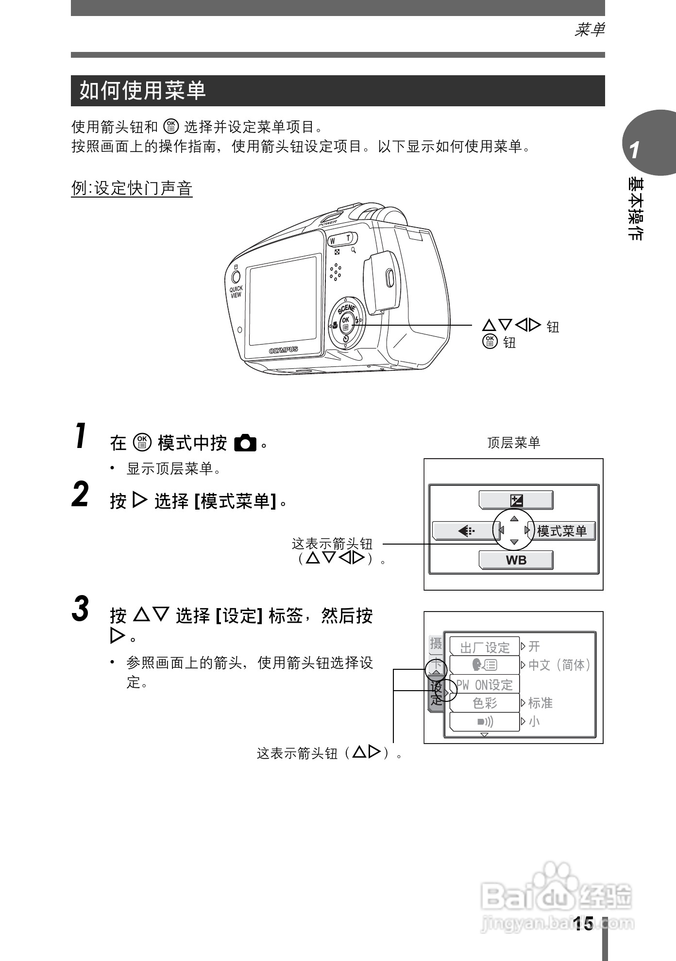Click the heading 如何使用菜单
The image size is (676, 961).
[x=143, y=91]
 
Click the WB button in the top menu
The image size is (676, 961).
[x=516, y=560]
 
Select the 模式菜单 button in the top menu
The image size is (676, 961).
[x=562, y=531]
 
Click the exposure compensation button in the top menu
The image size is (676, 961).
[x=516, y=500]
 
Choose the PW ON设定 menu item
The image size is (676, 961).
[x=484, y=684]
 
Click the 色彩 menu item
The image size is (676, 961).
[x=484, y=703]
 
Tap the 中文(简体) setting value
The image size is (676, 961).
[x=559, y=665]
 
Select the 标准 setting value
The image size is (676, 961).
[x=540, y=703]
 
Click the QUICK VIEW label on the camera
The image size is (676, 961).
[x=236, y=292]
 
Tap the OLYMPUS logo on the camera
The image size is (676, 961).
[x=284, y=350]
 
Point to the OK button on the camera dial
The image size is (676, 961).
[x=345, y=321]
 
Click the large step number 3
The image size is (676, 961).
[x=81, y=609]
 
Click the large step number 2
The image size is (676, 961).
[x=81, y=495]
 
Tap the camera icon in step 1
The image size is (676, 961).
[x=245, y=443]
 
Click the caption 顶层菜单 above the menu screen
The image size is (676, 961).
[x=513, y=443]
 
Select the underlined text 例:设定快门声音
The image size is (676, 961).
[x=132, y=188]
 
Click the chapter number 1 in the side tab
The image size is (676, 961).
[x=634, y=151]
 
